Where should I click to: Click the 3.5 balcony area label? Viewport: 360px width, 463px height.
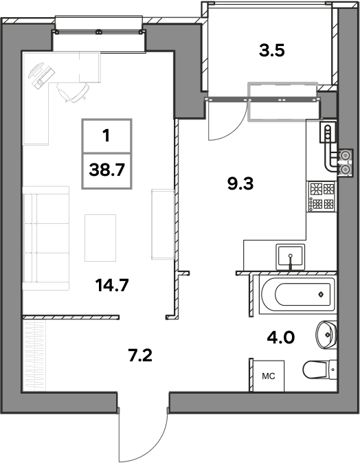(x=271, y=51)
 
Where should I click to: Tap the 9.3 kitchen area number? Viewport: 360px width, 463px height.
(x=240, y=183)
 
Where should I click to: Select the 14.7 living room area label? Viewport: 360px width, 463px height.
(x=111, y=285)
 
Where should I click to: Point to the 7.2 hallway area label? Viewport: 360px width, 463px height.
(x=140, y=355)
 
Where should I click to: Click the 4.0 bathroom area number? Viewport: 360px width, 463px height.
(x=280, y=337)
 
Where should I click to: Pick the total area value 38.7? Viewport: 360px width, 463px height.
(x=107, y=170)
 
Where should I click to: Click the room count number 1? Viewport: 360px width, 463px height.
(x=106, y=136)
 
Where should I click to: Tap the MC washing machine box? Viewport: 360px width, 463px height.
(x=269, y=376)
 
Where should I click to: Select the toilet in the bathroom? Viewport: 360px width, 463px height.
(x=319, y=370)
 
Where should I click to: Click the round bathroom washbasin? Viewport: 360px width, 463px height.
(x=326, y=335)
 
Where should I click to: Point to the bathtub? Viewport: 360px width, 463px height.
(x=297, y=295)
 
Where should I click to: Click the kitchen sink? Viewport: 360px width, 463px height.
(x=290, y=257)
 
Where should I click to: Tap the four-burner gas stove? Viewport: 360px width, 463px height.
(x=322, y=196)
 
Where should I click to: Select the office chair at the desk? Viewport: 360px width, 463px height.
(x=72, y=92)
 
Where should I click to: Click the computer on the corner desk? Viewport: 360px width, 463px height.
(x=41, y=74)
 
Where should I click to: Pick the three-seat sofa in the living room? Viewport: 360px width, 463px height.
(x=46, y=238)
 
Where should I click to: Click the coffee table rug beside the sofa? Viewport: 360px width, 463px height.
(x=100, y=238)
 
